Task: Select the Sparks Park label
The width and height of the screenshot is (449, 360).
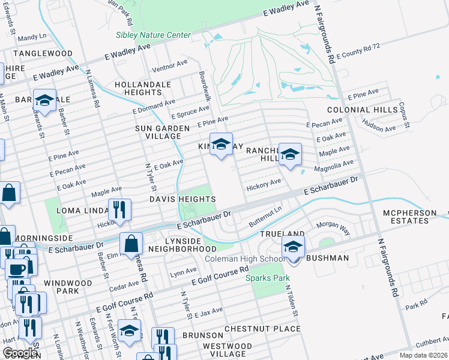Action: [268, 278]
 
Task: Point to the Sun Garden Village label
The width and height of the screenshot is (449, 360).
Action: [158, 132]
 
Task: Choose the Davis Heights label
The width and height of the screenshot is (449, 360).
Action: [182, 199]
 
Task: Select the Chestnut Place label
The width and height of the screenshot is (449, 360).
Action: [262, 329]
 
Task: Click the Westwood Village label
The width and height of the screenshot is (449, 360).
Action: [227, 350]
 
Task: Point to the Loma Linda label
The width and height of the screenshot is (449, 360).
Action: [81, 211]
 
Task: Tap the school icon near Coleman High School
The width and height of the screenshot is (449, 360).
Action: [293, 247]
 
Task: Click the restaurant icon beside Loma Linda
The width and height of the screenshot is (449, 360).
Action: [119, 209]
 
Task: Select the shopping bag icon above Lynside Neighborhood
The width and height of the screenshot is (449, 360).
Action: [131, 244]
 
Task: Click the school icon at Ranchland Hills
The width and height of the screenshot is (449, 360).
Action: [290, 155]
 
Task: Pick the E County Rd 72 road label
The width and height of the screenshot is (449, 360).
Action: [358, 55]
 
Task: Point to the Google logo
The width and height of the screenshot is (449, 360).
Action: [20, 352]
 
